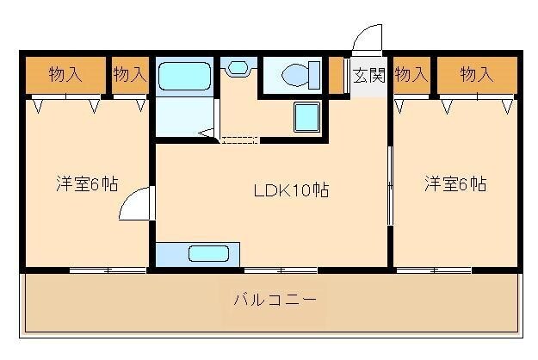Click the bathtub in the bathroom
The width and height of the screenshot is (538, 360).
coord(184,75)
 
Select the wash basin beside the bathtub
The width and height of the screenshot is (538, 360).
coord(235,67)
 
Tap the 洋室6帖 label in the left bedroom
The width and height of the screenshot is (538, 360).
coord(87,183)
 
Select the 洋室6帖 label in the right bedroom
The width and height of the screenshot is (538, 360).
coord(455,183)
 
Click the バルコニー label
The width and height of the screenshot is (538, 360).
coord(275,301)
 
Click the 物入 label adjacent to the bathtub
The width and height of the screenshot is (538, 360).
coord(129,74)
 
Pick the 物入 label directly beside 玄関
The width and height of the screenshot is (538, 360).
coord(411,74)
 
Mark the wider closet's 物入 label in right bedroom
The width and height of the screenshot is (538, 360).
coord(476,74)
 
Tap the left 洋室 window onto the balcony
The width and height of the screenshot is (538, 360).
coord(108,270)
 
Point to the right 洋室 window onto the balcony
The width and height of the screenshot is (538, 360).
coord(434,270)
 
